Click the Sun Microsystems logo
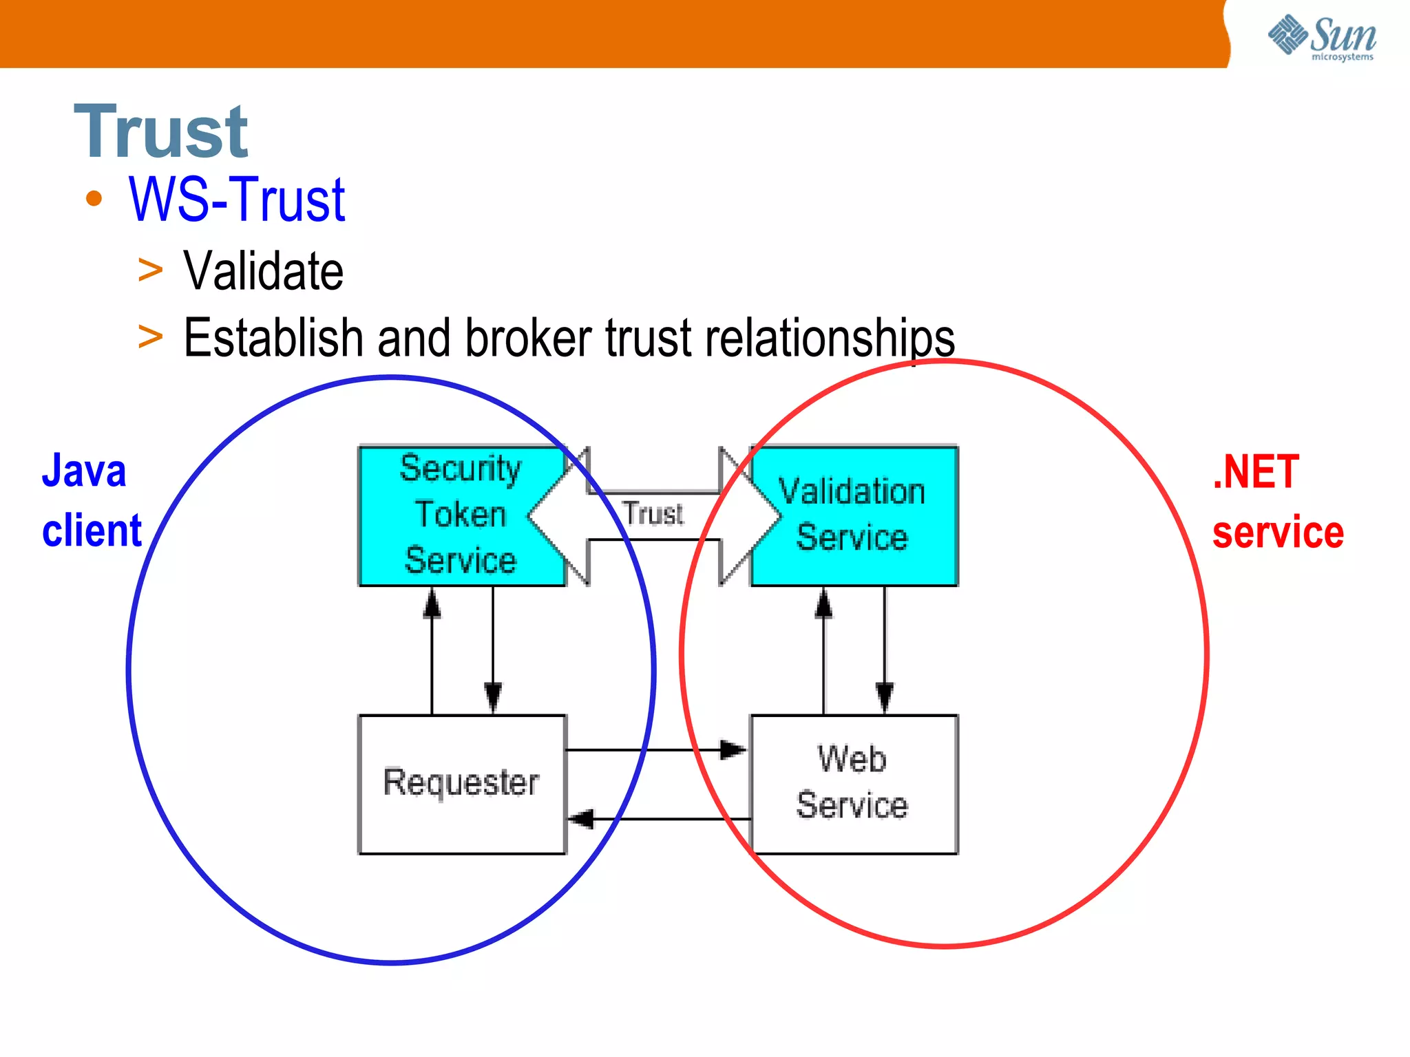[x=1322, y=37]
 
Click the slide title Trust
[x=160, y=131]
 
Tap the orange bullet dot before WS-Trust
[x=94, y=200]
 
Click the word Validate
[x=263, y=271]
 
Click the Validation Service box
[x=854, y=515]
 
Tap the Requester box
[x=461, y=784]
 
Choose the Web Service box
[x=854, y=784]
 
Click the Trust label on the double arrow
[x=653, y=514]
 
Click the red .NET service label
[x=1277, y=502]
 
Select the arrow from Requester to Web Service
[x=657, y=749]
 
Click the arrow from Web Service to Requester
[x=657, y=819]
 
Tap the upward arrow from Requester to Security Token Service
[x=432, y=650]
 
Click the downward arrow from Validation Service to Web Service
[x=885, y=650]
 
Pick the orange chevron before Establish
[x=150, y=337]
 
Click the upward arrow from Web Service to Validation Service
[x=823, y=650]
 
